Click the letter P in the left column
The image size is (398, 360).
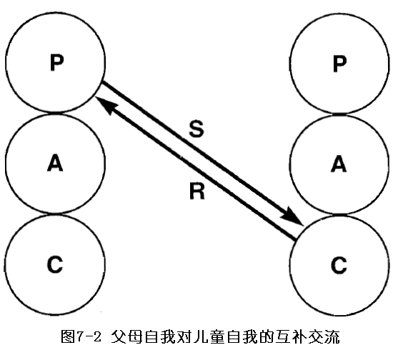56,63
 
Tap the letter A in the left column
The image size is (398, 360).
55,163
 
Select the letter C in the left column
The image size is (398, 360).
55,264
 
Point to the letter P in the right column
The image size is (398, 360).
339,64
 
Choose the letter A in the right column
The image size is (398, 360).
339,164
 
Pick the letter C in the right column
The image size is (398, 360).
339,265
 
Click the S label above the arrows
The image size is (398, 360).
196,129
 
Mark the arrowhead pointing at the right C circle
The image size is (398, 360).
293,216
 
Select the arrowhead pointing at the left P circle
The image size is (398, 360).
106,105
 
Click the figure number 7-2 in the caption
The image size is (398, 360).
89,337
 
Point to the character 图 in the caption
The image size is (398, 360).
68,337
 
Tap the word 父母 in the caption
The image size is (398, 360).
126,337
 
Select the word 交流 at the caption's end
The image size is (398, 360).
324,337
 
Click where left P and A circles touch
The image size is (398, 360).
55,113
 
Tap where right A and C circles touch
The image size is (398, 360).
339,215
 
